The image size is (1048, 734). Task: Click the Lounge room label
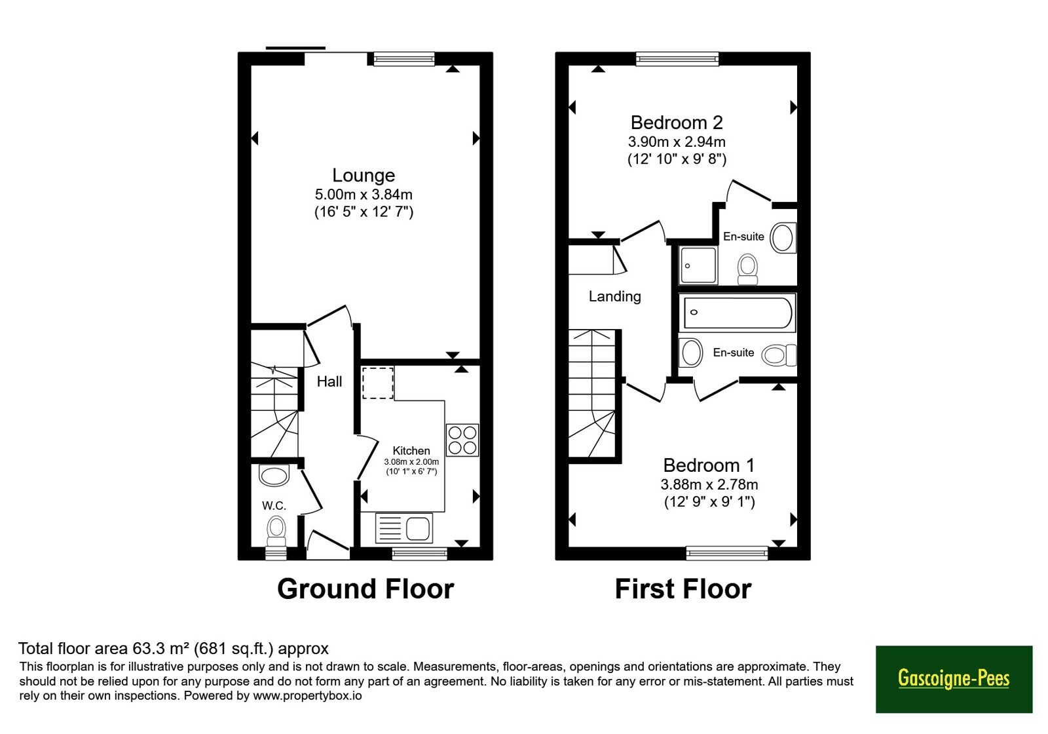point(364,175)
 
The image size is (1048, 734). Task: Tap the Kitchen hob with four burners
point(462,440)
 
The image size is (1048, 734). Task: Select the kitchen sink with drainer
point(403,528)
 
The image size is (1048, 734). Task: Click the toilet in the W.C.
point(276,531)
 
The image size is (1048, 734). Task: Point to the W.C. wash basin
point(274,476)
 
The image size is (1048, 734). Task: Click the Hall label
point(329,381)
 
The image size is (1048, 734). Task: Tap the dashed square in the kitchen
point(378,383)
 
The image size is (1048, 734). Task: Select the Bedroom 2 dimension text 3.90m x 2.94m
point(677,142)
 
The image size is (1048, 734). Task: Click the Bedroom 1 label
point(709,465)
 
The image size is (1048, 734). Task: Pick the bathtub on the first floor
point(738,313)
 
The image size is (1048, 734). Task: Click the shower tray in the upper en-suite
point(698,265)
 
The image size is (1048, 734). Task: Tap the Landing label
point(615,296)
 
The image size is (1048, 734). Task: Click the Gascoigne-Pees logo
point(954,679)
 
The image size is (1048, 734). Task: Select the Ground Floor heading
point(365,589)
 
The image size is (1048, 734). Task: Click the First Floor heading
point(683,589)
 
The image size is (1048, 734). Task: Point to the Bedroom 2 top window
point(677,58)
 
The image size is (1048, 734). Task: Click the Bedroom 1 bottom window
point(727,553)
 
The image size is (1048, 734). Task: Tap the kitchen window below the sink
point(420,554)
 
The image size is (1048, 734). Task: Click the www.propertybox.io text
point(307,695)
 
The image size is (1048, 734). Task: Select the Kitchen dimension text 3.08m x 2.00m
point(411,462)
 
